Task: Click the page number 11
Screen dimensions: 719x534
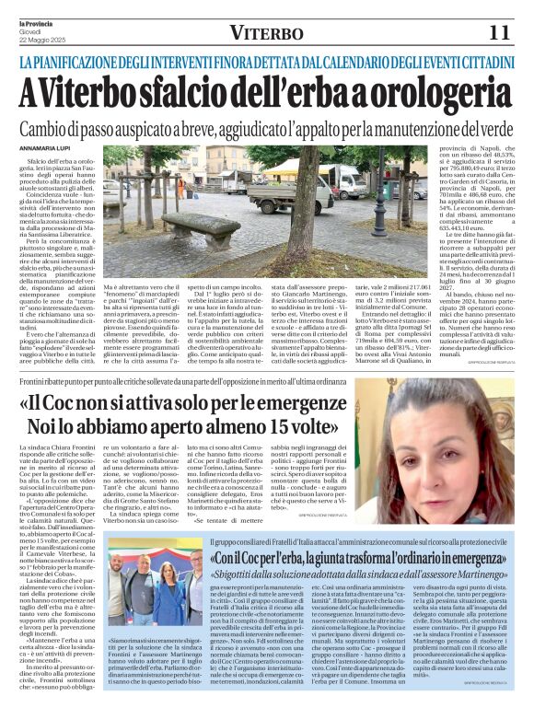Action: click(499, 33)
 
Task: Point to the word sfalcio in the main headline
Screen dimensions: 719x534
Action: click(190, 92)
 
